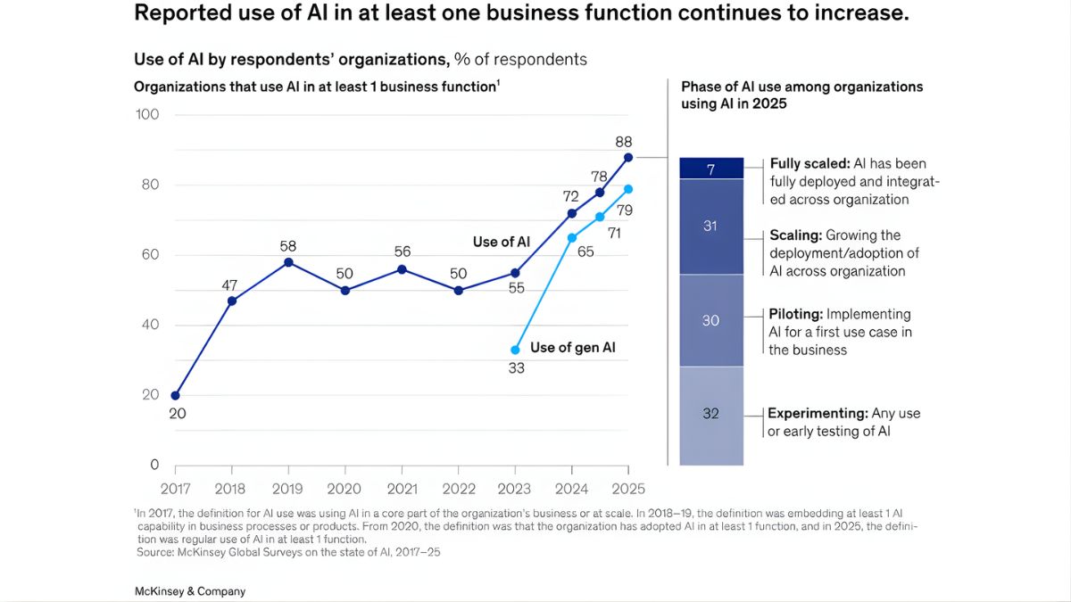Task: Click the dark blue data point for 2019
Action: [x=288, y=262]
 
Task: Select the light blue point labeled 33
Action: [x=515, y=350]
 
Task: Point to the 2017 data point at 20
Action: [x=175, y=395]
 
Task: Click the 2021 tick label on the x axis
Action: [x=402, y=489]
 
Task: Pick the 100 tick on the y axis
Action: [x=147, y=114]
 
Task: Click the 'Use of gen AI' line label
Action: [x=572, y=347]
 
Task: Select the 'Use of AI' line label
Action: [x=501, y=242]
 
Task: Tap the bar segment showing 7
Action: [x=711, y=169]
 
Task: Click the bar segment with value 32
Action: [x=711, y=415]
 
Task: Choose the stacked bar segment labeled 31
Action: [x=711, y=227]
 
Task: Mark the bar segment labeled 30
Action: [x=711, y=320]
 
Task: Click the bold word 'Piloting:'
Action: [x=796, y=314]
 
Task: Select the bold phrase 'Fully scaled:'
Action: [x=809, y=163]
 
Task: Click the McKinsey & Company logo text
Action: [x=189, y=591]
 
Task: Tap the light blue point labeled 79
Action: [x=628, y=189]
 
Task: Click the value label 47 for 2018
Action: [x=231, y=285]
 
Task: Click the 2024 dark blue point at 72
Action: [x=572, y=213]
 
